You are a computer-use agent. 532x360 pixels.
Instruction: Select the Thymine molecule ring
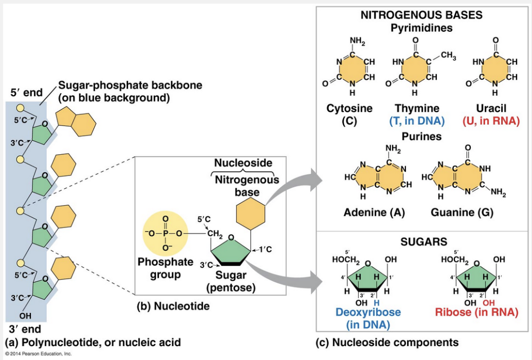(x=415, y=69)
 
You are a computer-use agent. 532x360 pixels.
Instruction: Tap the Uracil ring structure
(x=495, y=69)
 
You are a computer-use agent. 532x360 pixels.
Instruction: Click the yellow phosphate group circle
(x=165, y=232)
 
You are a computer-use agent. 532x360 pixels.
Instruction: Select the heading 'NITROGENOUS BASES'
(x=421, y=15)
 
